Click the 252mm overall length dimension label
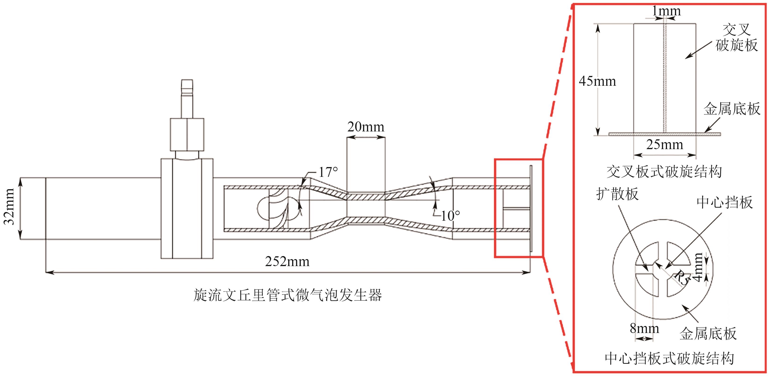pos(287,261)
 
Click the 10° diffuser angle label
pos(450,216)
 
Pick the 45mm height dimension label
pos(597,81)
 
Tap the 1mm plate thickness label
pos(666,11)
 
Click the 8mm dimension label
pos(644,328)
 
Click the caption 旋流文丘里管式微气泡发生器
pos(287,295)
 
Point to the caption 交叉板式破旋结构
pos(664,172)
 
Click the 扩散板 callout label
pos(617,194)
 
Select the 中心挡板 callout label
pos(724,202)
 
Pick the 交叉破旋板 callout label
pos(736,38)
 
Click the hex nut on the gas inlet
pos(187,134)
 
